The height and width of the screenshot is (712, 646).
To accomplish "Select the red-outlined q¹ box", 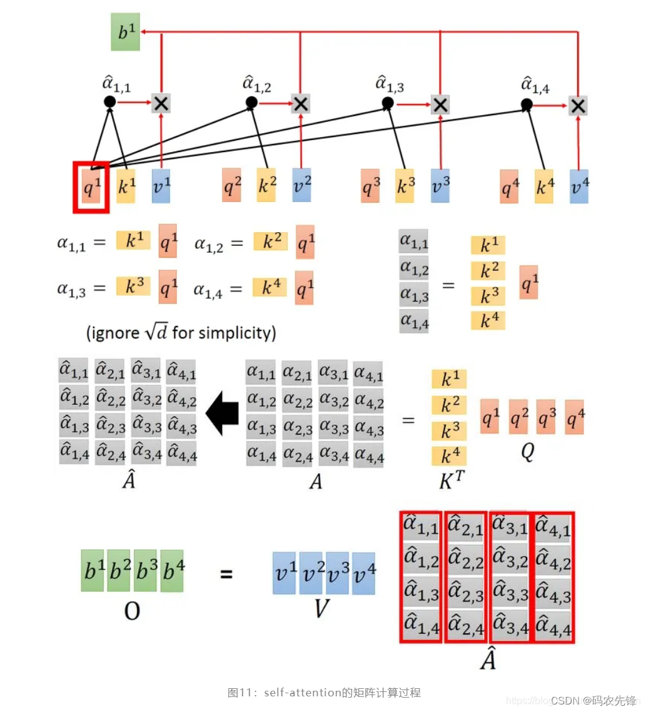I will click(x=91, y=186).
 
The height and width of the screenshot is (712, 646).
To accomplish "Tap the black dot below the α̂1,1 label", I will click(x=109, y=101).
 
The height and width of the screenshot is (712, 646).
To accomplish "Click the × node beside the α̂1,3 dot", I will click(x=440, y=104).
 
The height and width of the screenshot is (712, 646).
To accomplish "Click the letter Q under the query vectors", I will click(x=527, y=452).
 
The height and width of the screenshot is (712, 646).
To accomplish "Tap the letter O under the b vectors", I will click(x=131, y=611).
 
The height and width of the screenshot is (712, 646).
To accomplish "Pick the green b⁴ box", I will click(x=171, y=571).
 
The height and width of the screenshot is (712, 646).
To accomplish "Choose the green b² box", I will click(x=118, y=571).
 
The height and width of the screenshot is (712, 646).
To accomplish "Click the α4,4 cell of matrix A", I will click(x=368, y=456).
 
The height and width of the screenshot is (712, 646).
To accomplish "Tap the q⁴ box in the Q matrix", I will click(x=574, y=417).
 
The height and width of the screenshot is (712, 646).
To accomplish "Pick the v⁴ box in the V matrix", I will click(x=363, y=572).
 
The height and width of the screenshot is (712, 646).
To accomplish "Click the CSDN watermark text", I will click(x=565, y=699).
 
